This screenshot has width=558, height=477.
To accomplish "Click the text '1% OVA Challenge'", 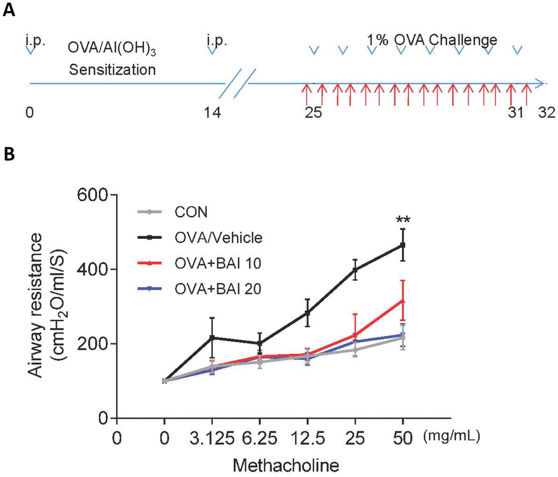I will coord(432,40).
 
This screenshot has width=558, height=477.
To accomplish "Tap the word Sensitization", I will coord(112,70).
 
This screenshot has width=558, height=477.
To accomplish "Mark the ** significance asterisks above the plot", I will coord(403,221).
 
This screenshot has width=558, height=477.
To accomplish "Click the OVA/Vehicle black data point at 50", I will coord(403,245).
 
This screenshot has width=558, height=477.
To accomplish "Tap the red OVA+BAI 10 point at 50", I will coord(403,300).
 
